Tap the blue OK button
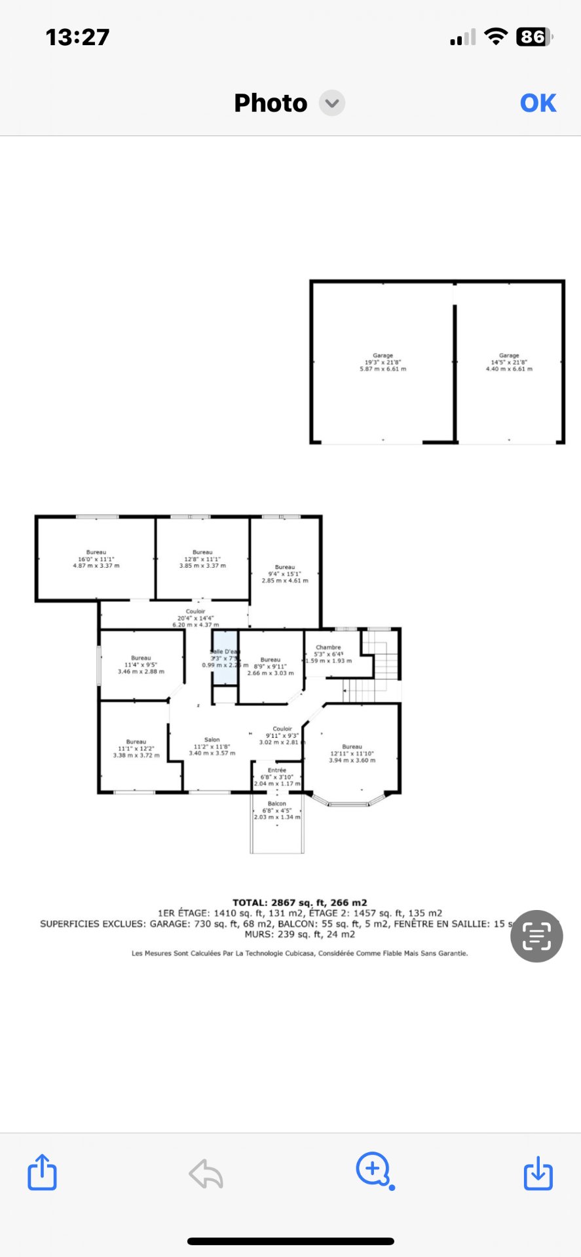coord(538,103)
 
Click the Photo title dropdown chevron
coord(332,103)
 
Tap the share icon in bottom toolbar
coord(42,1172)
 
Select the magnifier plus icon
coord(374,1170)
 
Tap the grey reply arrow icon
coord(206,1173)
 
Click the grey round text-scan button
coord(536,936)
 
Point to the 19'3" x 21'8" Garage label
coord(383,362)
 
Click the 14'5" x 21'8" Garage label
coord(509,362)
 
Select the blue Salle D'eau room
coord(225,658)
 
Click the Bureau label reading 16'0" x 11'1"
coord(96,558)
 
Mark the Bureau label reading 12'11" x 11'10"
coord(352,753)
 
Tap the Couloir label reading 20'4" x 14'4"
coord(195,618)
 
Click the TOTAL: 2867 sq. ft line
coord(300,902)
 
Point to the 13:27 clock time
coord(77,37)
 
